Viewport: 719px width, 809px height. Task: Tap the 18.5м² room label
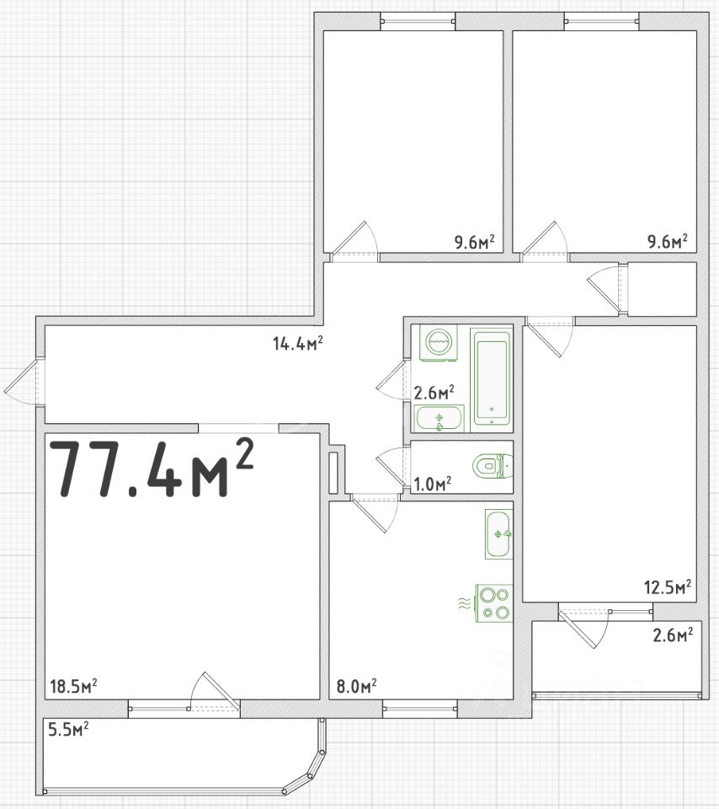[74, 686]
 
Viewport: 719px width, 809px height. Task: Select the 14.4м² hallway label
[298, 343]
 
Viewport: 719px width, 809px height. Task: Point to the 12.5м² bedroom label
[668, 587]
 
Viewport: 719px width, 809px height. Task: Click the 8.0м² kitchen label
[356, 686]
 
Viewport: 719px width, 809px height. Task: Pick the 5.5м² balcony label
[68, 730]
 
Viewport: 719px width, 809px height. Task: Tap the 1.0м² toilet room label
[433, 484]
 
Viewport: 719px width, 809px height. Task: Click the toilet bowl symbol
[493, 466]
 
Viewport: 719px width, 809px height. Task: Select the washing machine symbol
[438, 343]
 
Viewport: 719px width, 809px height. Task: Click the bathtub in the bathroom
[492, 378]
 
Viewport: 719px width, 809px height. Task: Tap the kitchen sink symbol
[498, 534]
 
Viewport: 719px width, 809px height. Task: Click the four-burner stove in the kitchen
[493, 603]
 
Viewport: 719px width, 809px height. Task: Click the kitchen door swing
[375, 512]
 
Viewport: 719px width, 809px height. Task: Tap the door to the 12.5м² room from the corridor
[550, 337]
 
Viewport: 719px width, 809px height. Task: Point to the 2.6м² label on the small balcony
[673, 634]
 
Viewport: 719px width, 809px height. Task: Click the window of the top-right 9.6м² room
[601, 21]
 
